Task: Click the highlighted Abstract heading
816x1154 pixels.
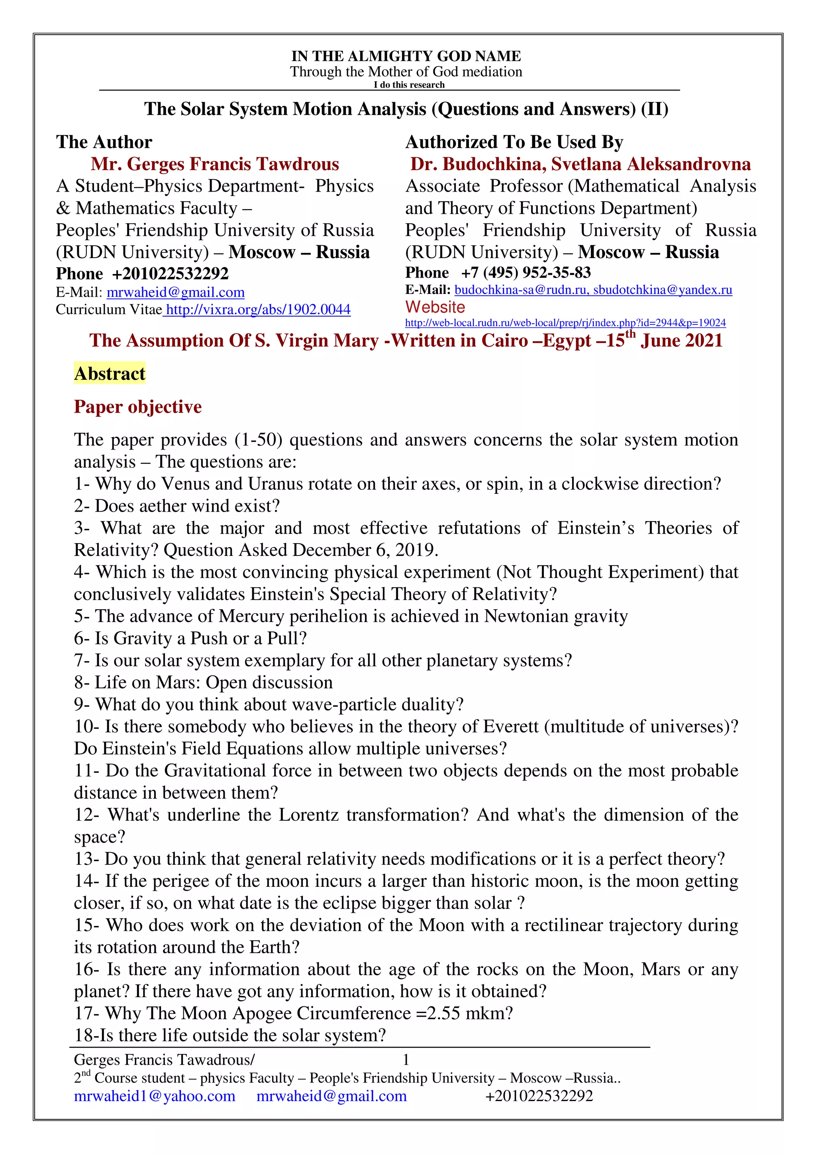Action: click(110, 374)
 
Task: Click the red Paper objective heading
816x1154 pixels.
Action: click(138, 407)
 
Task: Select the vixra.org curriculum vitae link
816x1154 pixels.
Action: click(258, 310)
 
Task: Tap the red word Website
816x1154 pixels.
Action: click(435, 307)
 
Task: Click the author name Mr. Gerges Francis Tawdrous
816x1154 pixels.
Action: click(215, 164)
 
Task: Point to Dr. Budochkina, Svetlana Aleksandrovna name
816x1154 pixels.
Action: click(580, 164)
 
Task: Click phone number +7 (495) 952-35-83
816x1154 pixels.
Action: click(526, 273)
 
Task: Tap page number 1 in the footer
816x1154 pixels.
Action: click(406, 1060)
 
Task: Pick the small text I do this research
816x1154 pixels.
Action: click(409, 85)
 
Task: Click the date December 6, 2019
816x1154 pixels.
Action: click(365, 550)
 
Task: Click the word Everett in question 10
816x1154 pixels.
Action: click(510, 726)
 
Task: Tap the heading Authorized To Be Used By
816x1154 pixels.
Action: click(514, 142)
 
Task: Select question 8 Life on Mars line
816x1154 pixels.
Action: click(203, 683)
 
